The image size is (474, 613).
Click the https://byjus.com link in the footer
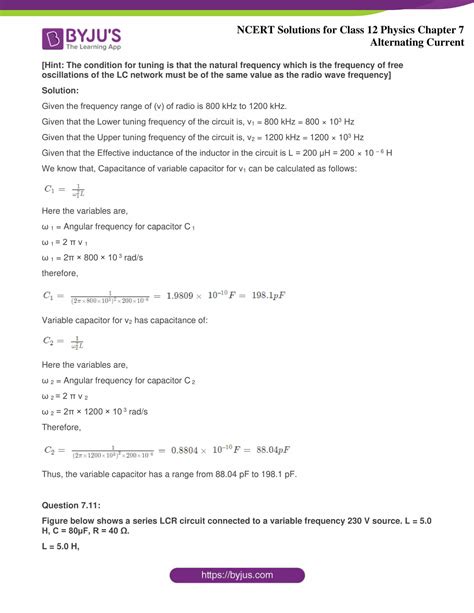(237, 575)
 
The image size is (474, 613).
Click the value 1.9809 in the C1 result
(182, 296)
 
